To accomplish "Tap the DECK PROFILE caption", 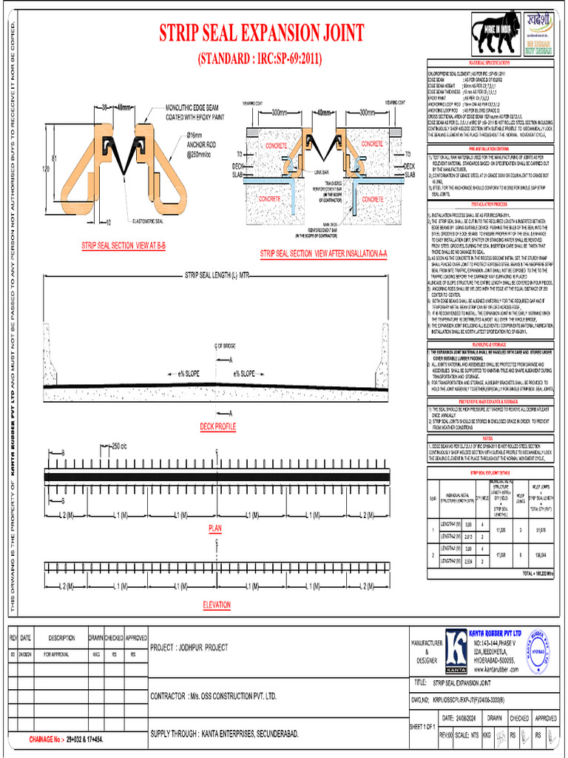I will click(x=218, y=427).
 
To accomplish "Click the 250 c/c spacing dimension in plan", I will click(x=118, y=446).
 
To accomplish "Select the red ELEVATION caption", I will click(x=217, y=605).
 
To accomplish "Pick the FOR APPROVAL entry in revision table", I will click(x=57, y=655).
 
